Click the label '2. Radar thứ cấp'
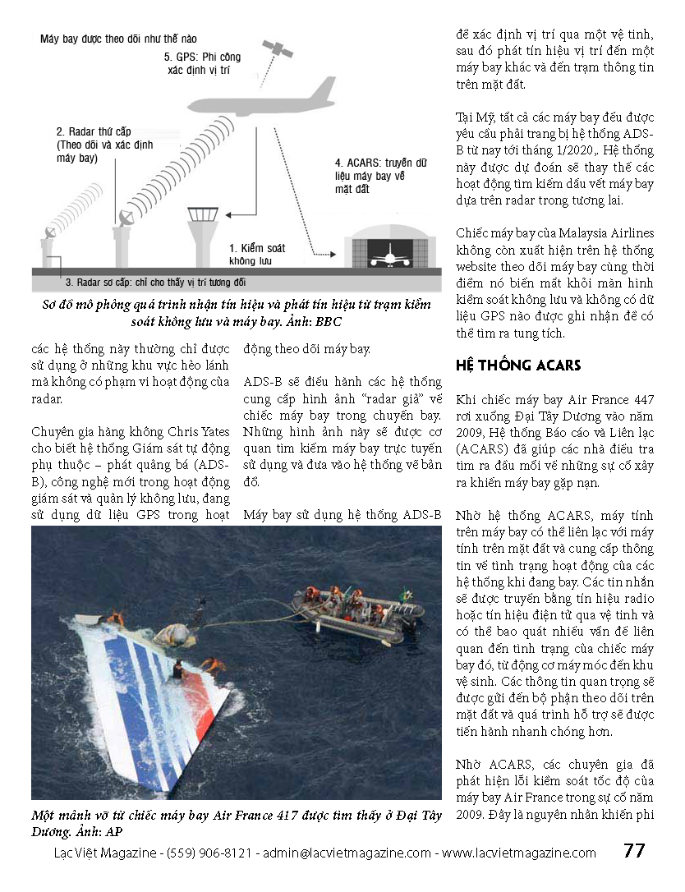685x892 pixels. [94, 131]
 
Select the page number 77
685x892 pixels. [634, 851]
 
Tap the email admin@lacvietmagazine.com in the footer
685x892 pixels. [347, 853]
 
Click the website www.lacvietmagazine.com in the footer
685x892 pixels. [519, 853]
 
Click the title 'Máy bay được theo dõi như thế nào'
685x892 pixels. [118, 39]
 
